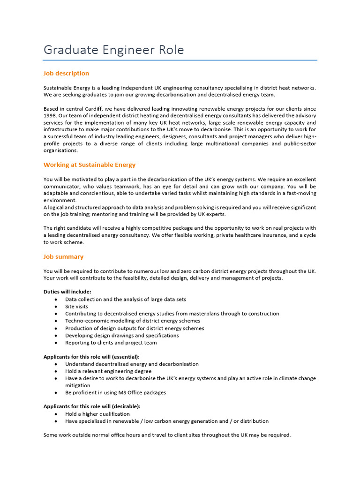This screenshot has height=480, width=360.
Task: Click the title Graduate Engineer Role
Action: point(113,50)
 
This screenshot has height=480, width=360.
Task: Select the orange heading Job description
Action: point(66,73)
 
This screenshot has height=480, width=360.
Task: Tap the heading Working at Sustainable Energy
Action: point(89,165)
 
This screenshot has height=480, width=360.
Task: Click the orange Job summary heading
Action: point(63,256)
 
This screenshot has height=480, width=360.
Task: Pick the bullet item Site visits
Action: point(76,307)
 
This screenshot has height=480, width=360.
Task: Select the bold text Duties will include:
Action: point(67,292)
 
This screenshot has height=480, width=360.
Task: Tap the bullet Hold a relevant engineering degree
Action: point(108,371)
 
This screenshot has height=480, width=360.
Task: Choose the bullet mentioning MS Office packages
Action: point(115,393)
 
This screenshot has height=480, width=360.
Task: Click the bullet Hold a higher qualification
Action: point(97,414)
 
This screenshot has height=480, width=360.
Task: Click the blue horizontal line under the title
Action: point(180,60)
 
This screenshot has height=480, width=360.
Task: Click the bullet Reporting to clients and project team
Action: point(111,343)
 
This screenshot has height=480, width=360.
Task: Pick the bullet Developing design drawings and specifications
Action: point(122,336)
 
